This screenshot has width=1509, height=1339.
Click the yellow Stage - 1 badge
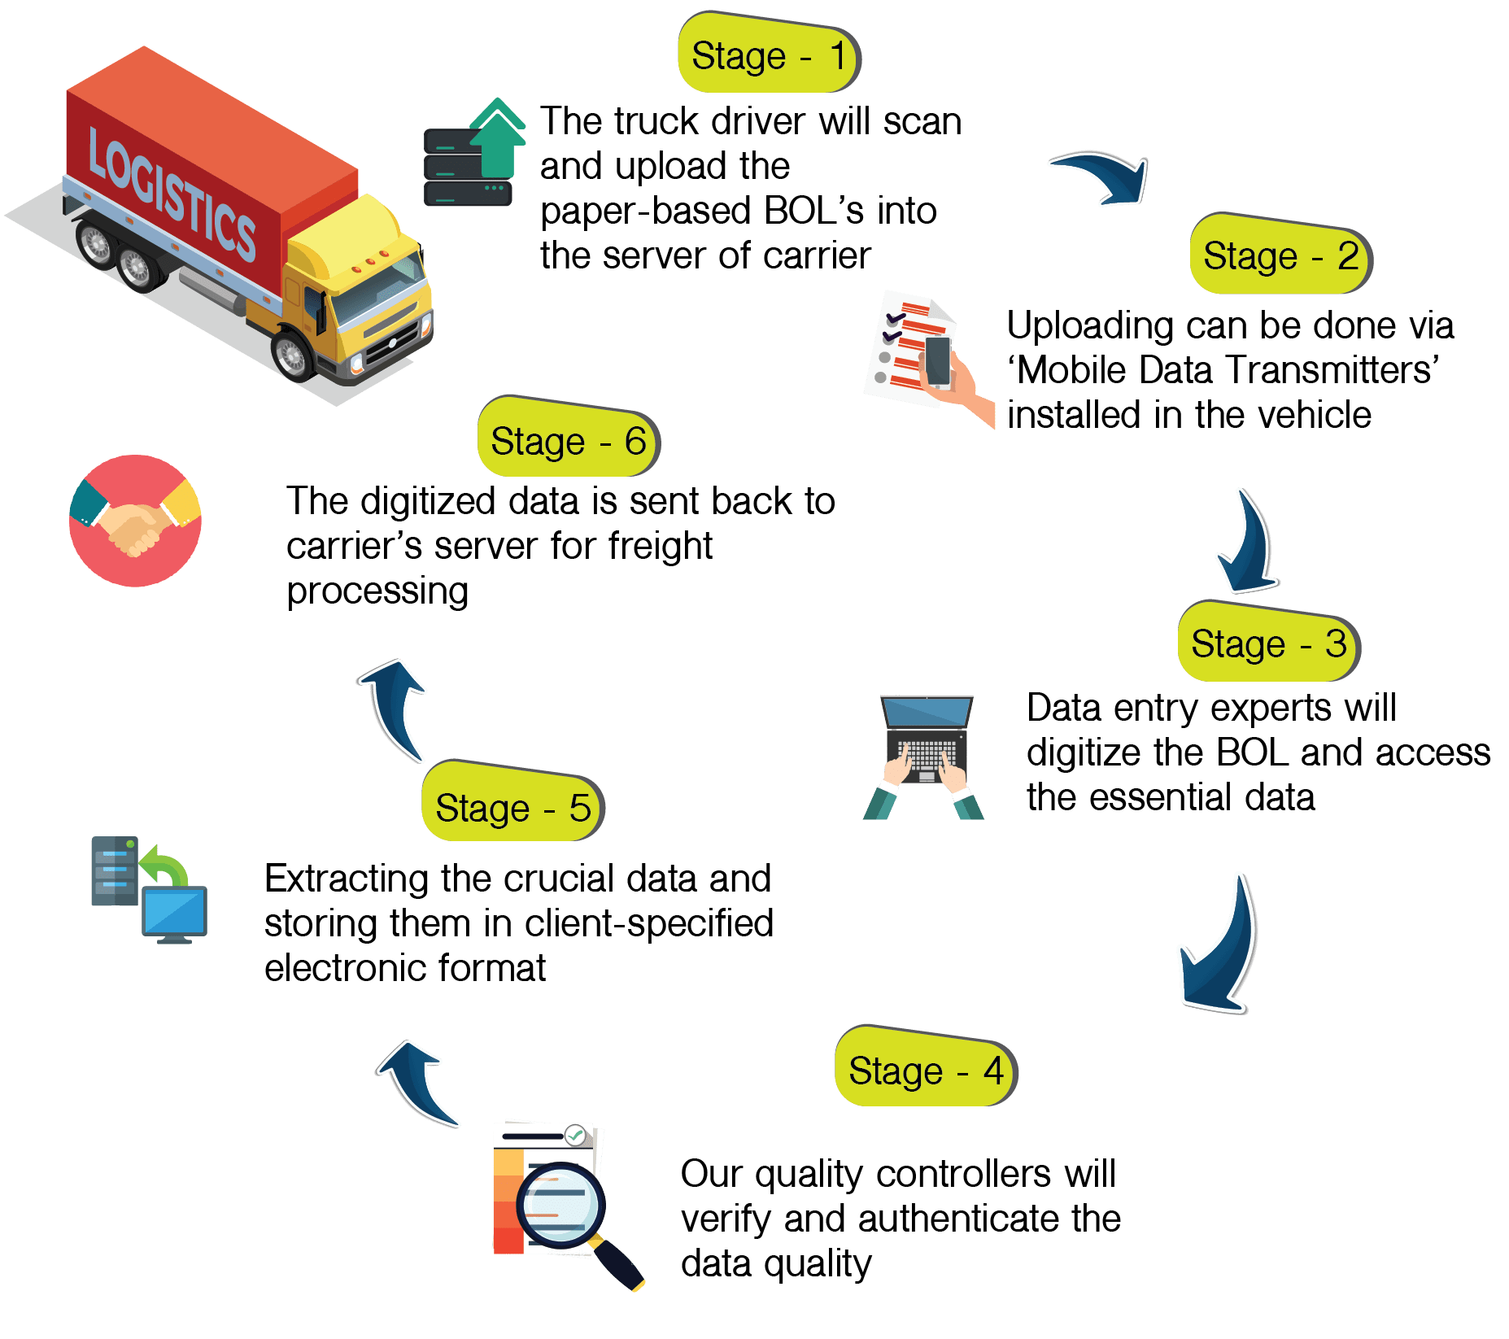(768, 55)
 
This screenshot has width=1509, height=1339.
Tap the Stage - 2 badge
(1280, 255)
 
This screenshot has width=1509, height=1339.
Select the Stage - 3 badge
(1267, 643)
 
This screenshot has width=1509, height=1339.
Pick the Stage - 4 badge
(925, 1070)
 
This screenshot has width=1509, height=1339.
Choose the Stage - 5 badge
(512, 807)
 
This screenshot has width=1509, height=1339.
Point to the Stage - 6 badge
(567, 441)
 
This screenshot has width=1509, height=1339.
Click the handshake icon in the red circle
(135, 521)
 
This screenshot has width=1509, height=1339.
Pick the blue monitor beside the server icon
(175, 913)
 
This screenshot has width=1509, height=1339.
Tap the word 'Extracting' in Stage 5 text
(347, 879)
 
